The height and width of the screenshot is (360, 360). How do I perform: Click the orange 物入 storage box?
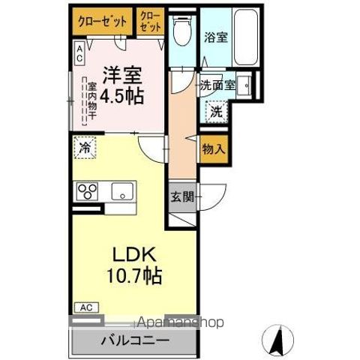214,148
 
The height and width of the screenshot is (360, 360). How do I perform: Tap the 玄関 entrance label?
181,197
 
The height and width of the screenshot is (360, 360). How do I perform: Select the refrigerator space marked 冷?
85,148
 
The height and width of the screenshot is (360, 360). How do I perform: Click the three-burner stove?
88,190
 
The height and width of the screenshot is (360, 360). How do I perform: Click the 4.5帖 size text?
124,97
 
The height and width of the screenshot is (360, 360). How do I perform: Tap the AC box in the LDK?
86,307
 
